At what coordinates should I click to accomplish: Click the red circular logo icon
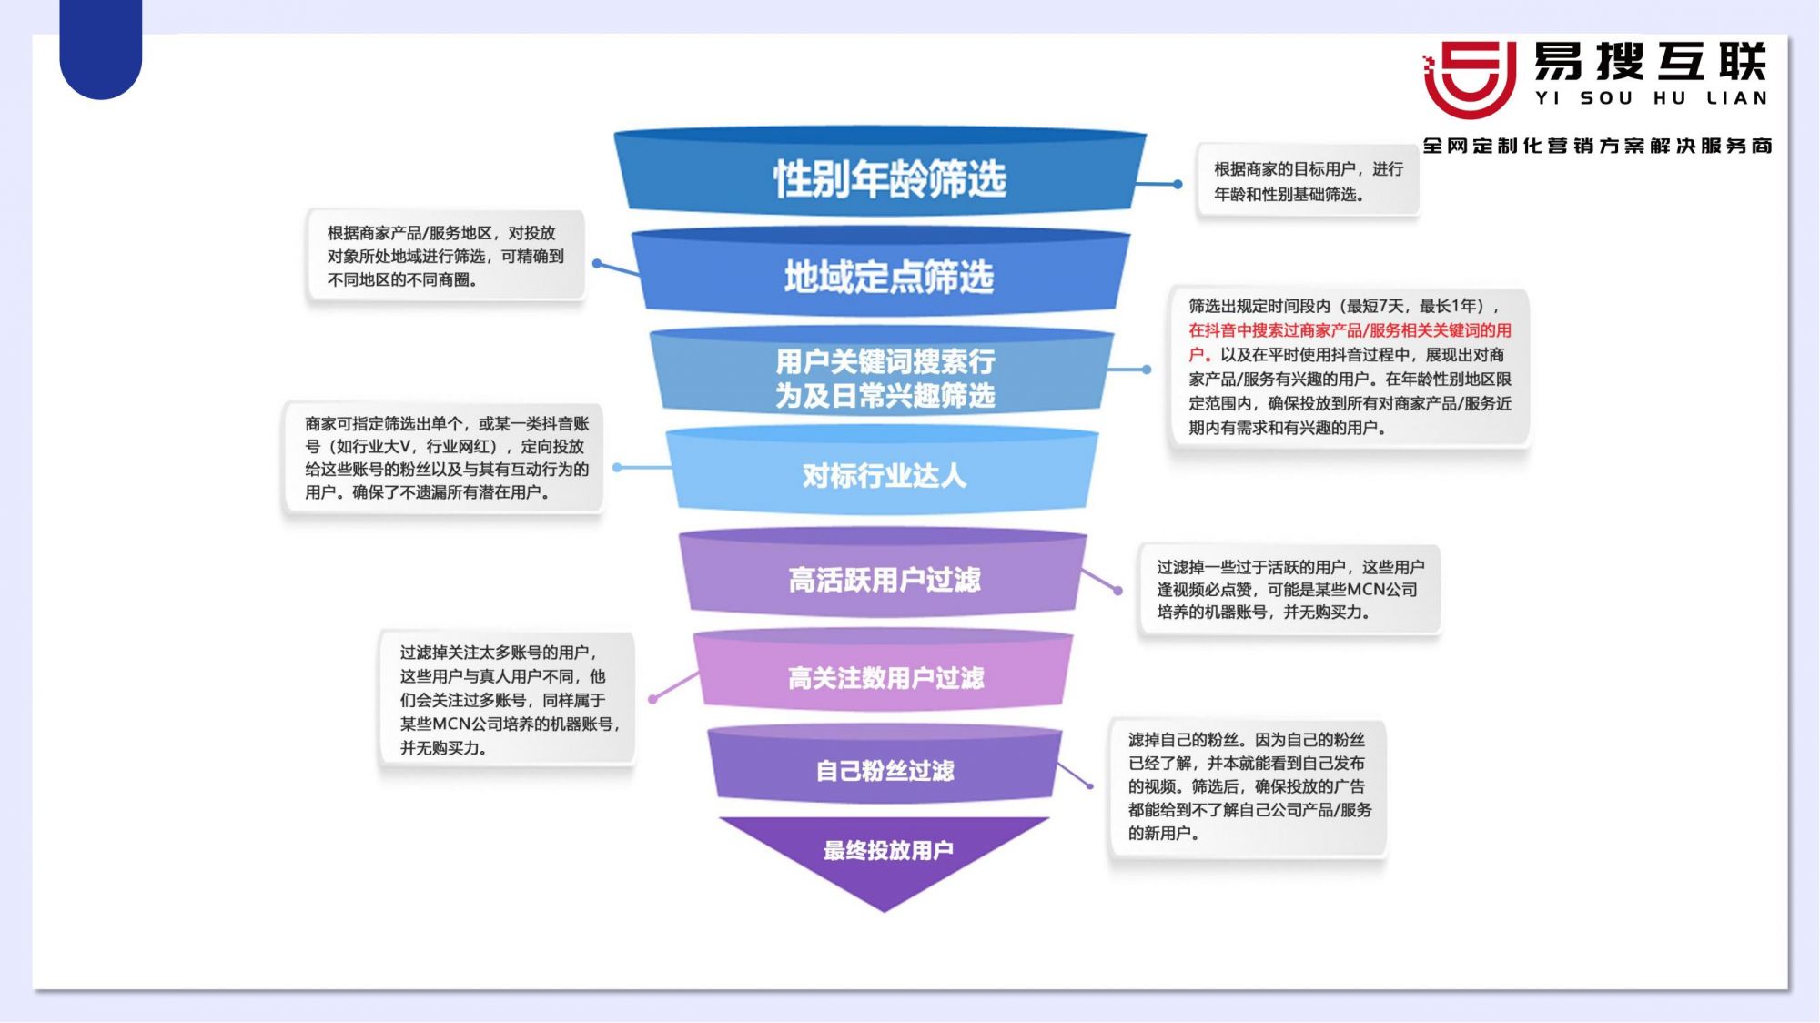pos(1470,78)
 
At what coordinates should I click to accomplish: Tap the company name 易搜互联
pos(1650,62)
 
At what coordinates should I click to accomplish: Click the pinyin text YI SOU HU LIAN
pos(1651,98)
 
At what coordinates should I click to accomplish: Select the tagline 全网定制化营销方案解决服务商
pos(1597,146)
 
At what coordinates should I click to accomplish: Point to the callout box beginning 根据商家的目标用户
pos(1308,181)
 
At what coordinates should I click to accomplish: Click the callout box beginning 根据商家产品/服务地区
pos(445,256)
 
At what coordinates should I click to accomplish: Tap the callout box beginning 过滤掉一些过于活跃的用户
pos(1289,590)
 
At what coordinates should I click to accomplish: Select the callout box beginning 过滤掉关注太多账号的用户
pos(507,700)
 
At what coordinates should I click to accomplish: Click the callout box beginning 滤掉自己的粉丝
pos(1248,786)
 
